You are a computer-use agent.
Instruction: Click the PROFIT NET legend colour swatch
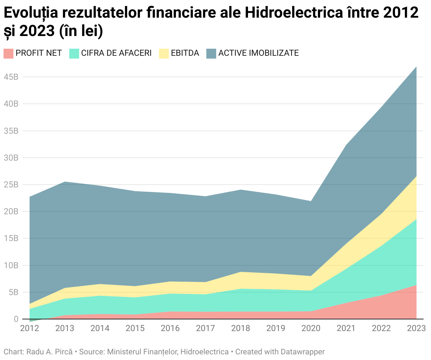(8, 53)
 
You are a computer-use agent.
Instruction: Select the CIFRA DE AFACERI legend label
(116, 53)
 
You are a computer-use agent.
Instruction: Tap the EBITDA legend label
(185, 53)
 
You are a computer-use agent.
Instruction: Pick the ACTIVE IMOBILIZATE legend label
(259, 53)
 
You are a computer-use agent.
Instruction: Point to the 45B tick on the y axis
(11, 77)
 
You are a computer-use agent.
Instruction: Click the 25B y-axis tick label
(11, 185)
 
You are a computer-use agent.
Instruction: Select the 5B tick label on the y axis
(13, 292)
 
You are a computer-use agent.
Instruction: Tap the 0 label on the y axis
(16, 319)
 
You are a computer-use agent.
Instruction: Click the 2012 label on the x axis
(30, 329)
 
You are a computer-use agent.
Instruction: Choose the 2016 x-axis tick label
(170, 329)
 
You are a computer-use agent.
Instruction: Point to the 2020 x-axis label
(311, 329)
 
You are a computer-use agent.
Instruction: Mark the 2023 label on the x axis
(416, 329)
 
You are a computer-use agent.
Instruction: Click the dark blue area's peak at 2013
(65, 182)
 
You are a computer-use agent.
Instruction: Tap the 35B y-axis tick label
(11, 131)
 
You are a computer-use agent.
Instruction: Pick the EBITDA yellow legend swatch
(164, 53)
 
